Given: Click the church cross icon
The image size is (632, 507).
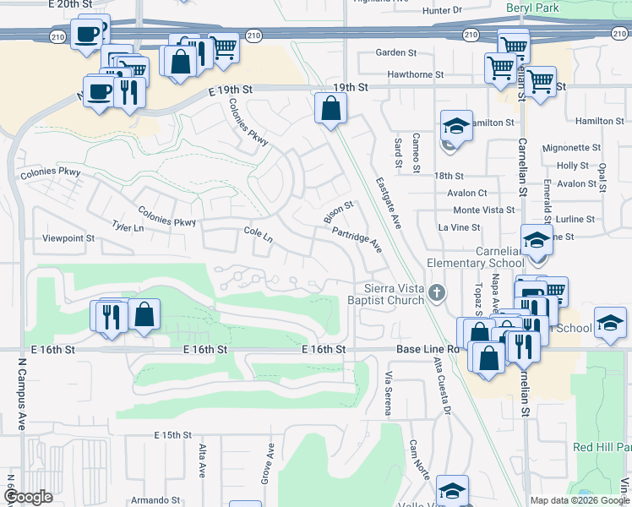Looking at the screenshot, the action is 436,293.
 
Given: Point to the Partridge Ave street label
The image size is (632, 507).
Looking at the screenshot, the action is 357,239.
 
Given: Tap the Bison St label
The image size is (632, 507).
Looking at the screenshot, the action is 338,212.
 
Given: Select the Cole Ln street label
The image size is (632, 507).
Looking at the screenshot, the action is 258,235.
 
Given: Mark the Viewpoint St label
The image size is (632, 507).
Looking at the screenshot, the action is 68,239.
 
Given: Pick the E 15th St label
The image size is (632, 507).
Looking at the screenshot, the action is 173,434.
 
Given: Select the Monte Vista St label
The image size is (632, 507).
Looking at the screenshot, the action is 484,210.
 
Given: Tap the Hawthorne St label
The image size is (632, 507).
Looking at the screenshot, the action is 416,74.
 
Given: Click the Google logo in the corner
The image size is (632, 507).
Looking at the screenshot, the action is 29,498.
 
